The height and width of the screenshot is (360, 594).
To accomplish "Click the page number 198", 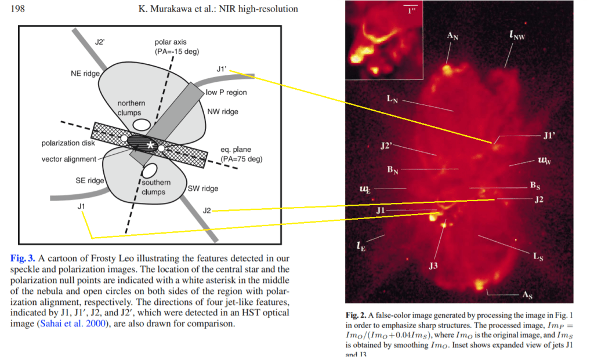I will [19, 9].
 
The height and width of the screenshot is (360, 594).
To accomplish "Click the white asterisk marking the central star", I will [150, 145].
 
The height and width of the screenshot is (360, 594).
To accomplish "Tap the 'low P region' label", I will [226, 92].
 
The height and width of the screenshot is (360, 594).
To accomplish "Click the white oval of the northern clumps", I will [141, 124].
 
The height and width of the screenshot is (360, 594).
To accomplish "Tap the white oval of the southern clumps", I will [150, 170].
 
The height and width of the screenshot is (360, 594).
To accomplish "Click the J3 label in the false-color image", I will [433, 266].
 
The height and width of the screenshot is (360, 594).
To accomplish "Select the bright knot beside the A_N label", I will [447, 69].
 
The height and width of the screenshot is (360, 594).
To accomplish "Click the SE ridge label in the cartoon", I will [89, 181].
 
